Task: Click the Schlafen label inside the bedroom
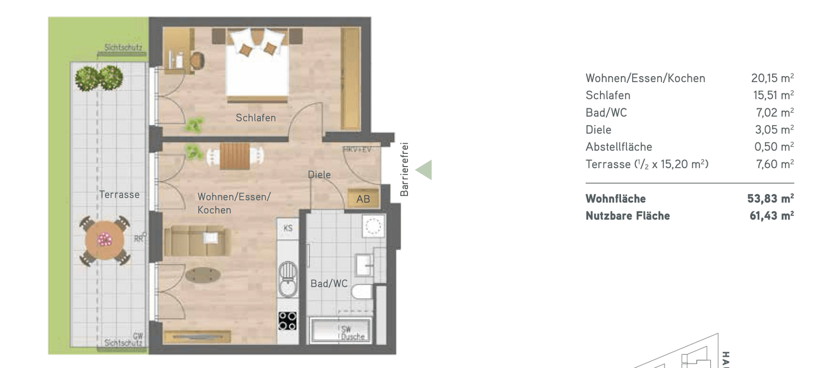click(x=256, y=118)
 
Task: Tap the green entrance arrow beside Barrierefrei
click(x=425, y=170)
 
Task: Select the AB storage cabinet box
click(x=363, y=199)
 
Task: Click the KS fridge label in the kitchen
click(x=288, y=228)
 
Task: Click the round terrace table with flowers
click(x=105, y=240)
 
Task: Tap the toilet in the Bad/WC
click(x=362, y=292)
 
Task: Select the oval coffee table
click(x=203, y=275)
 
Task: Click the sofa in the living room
click(x=197, y=240)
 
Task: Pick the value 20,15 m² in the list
click(x=772, y=78)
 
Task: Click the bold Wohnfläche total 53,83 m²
click(x=770, y=199)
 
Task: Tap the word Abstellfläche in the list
click(x=619, y=147)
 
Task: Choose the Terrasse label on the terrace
click(x=119, y=194)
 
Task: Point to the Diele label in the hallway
click(x=319, y=175)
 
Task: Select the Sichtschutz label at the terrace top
click(x=123, y=47)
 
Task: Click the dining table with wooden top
click(x=234, y=156)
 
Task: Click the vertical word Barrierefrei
click(x=404, y=169)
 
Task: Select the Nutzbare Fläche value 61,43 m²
click(x=771, y=216)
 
